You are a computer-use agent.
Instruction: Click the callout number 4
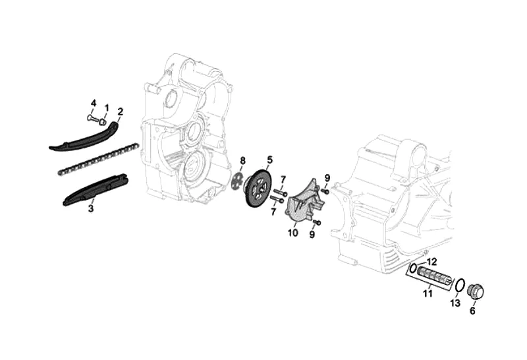tap(94, 103)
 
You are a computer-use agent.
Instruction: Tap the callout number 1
tap(107, 107)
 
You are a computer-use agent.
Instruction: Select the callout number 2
tap(121, 111)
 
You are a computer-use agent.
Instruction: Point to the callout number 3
tap(91, 208)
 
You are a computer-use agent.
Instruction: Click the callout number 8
tap(242, 161)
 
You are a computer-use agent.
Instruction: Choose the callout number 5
tap(269, 158)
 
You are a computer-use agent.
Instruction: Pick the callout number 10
tap(292, 233)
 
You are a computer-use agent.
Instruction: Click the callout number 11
tap(428, 293)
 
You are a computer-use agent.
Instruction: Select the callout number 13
tap(455, 303)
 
